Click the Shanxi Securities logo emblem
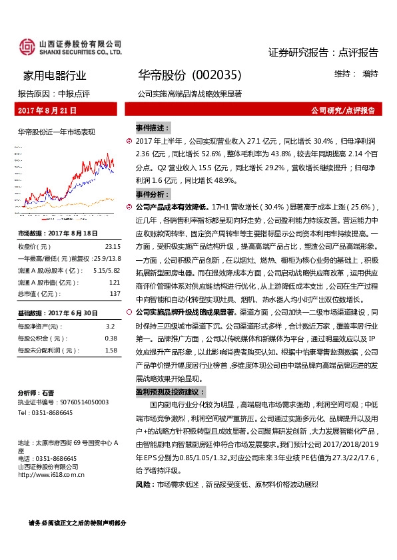tap(27, 47)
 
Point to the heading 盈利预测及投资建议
tap(171, 392)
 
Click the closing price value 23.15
tap(112, 245)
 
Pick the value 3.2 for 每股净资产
tap(111, 327)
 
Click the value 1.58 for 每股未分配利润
tap(111, 350)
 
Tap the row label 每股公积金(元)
tap(39, 339)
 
